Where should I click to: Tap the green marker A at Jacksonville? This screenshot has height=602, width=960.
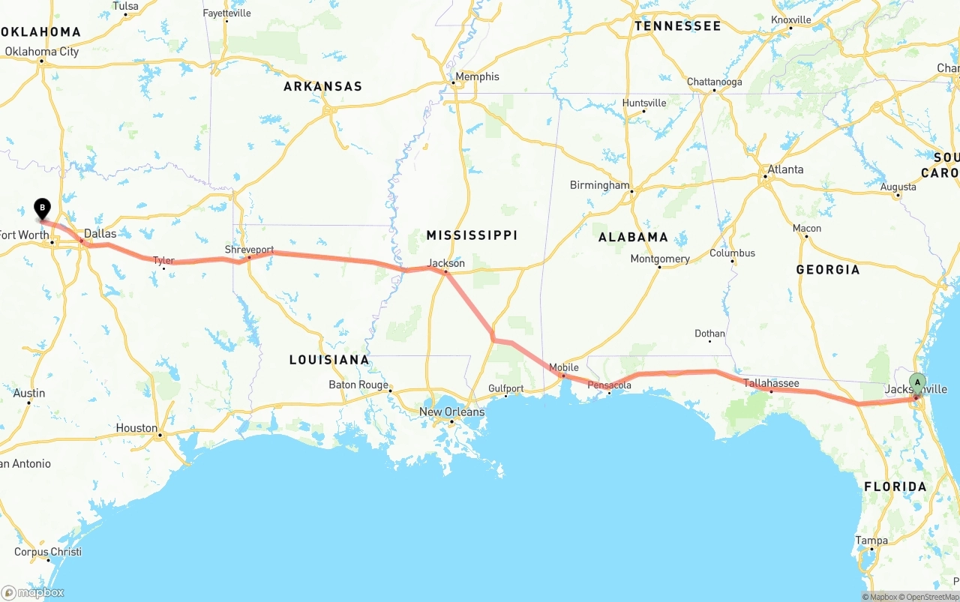click(x=917, y=382)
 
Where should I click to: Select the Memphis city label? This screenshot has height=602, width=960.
click(x=477, y=76)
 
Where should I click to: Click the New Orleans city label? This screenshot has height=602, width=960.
click(x=451, y=412)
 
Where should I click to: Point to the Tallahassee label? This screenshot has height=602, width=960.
click(x=771, y=383)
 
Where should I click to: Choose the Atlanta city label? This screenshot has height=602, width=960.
click(x=785, y=169)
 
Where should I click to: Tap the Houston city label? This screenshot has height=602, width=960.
click(x=136, y=428)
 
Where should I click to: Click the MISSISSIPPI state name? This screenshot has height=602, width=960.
click(x=472, y=235)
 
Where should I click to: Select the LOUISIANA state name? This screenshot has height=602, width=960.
click(x=329, y=360)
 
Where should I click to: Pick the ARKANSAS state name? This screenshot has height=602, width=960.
click(x=322, y=86)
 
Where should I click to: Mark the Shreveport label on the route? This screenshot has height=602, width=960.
click(x=249, y=250)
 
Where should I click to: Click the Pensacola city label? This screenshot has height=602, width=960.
click(x=610, y=385)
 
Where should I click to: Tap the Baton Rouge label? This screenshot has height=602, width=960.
click(x=358, y=385)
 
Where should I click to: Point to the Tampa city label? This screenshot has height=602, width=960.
click(x=871, y=541)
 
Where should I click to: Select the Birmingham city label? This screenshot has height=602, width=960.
click(x=599, y=185)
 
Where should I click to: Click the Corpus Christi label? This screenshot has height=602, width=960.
click(x=48, y=552)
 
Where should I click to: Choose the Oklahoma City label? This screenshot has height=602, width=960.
click(x=41, y=52)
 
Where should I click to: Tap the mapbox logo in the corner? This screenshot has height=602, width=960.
click(x=33, y=592)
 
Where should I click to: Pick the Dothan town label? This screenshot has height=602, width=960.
click(x=709, y=334)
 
